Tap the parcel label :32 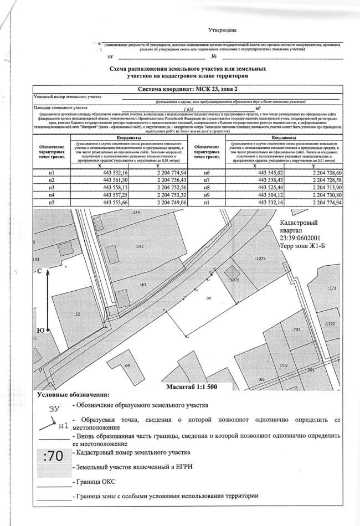[76, 314]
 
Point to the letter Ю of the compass [39, 331]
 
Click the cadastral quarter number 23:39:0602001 [296, 238]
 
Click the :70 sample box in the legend [54, 458]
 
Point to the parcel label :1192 [331, 323]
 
